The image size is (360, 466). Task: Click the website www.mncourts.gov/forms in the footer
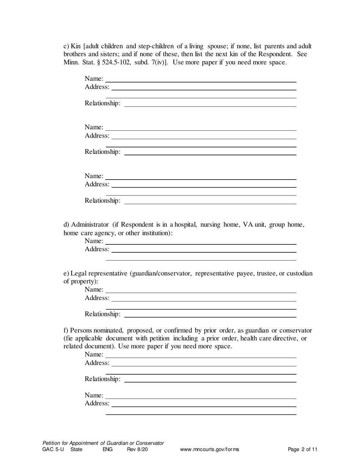(210, 450)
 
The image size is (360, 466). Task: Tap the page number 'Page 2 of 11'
(302, 450)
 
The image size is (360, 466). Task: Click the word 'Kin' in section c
(76, 46)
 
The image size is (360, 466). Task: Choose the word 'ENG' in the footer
(108, 450)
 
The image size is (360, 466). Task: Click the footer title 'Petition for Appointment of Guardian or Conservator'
(103, 443)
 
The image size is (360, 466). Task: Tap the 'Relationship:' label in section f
(102, 379)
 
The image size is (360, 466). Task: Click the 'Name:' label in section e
(94, 290)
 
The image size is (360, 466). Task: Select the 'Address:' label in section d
(97, 249)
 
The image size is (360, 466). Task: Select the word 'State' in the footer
(76, 450)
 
